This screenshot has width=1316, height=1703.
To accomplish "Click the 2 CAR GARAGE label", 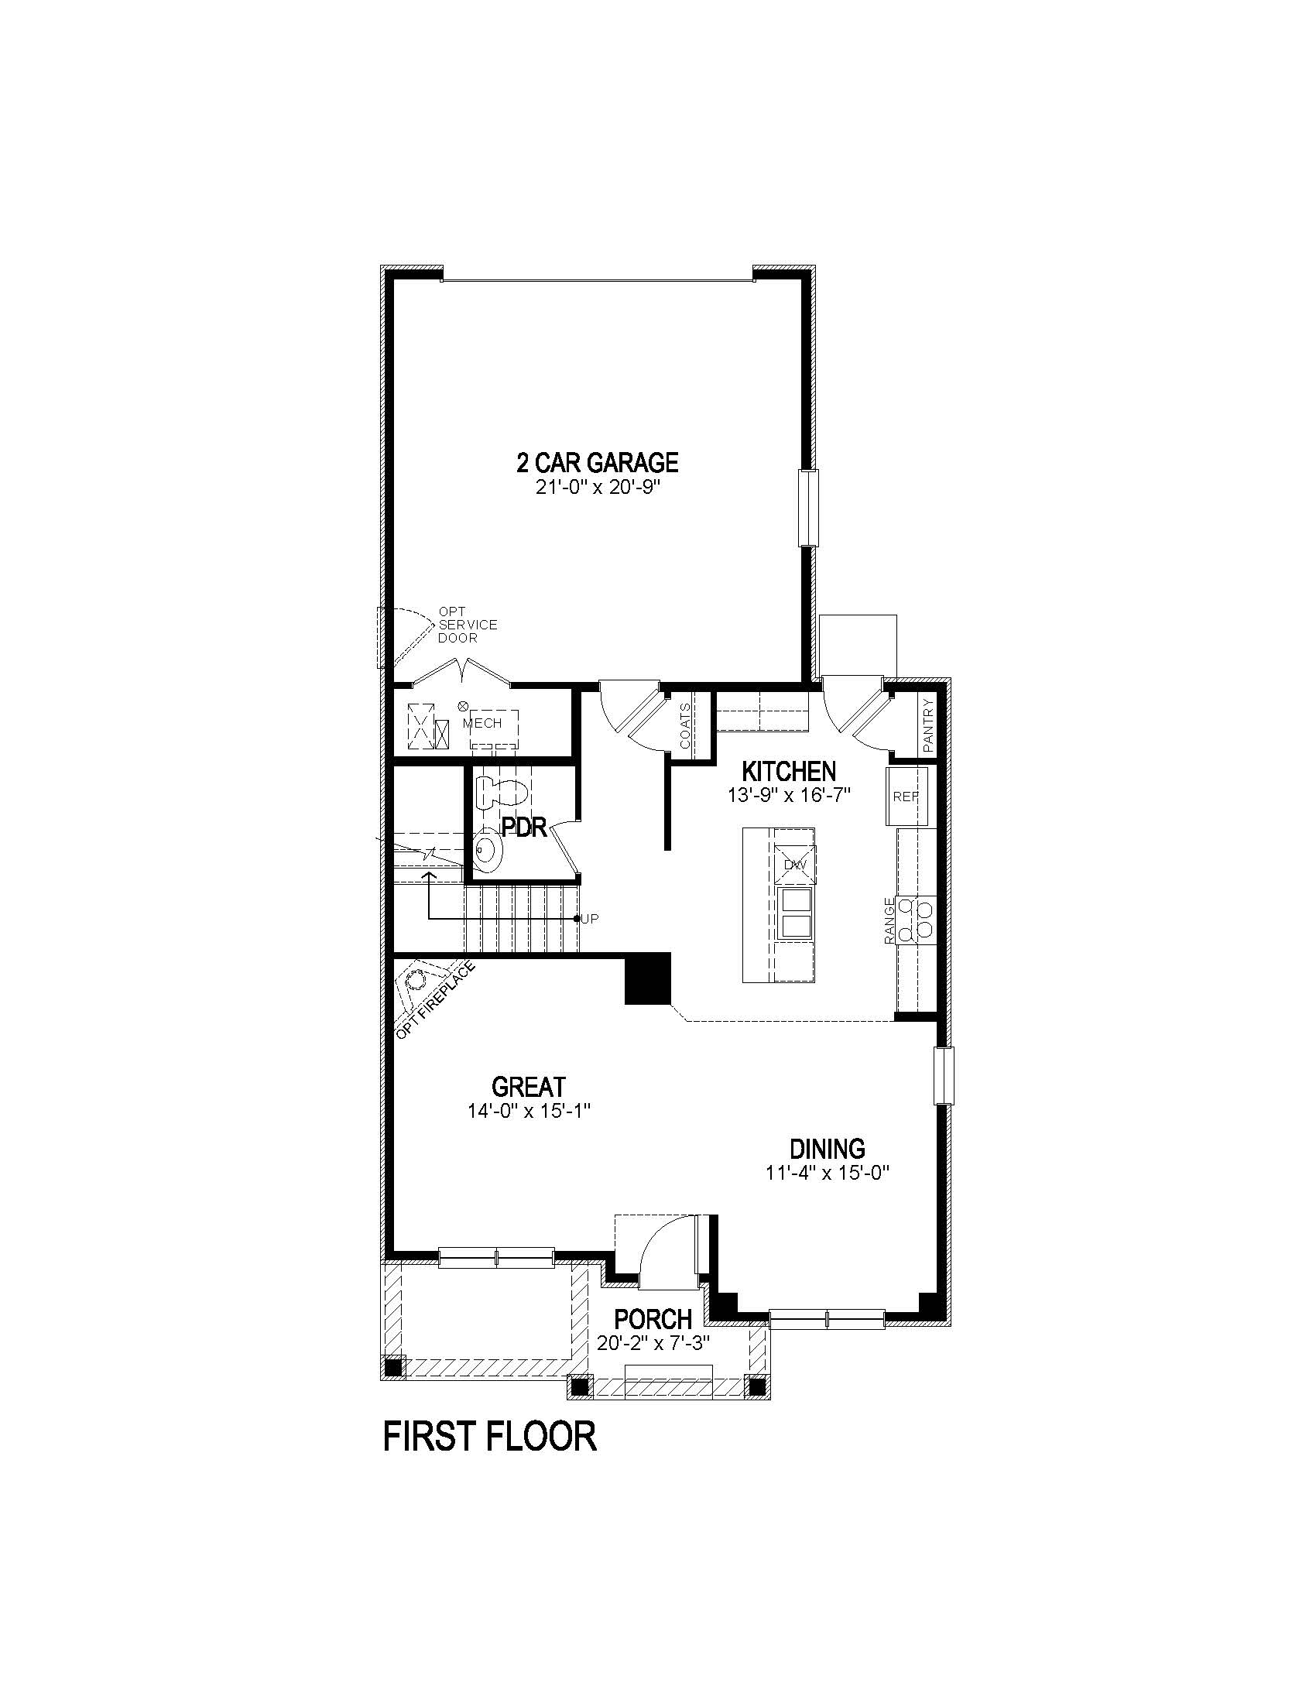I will (597, 463).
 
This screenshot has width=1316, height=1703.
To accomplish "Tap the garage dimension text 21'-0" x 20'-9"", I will (597, 488).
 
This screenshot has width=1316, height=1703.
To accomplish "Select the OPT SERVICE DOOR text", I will (466, 625).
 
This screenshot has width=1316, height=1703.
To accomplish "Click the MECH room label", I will (482, 723).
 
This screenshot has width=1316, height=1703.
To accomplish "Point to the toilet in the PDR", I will (504, 790).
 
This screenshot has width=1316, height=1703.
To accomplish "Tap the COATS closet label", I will (685, 725).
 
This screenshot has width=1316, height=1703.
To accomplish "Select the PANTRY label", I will (927, 725).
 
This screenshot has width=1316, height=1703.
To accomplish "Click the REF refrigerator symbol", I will (906, 797).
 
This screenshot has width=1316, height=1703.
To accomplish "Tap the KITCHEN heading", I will (788, 772).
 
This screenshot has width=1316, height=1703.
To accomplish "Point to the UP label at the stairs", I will (590, 920).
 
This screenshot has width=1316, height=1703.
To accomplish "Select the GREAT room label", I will (528, 1086).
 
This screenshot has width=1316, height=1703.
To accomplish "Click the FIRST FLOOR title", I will (489, 1436).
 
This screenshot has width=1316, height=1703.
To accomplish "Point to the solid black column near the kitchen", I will (648, 978).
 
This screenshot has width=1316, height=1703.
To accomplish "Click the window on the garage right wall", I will (808, 508).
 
